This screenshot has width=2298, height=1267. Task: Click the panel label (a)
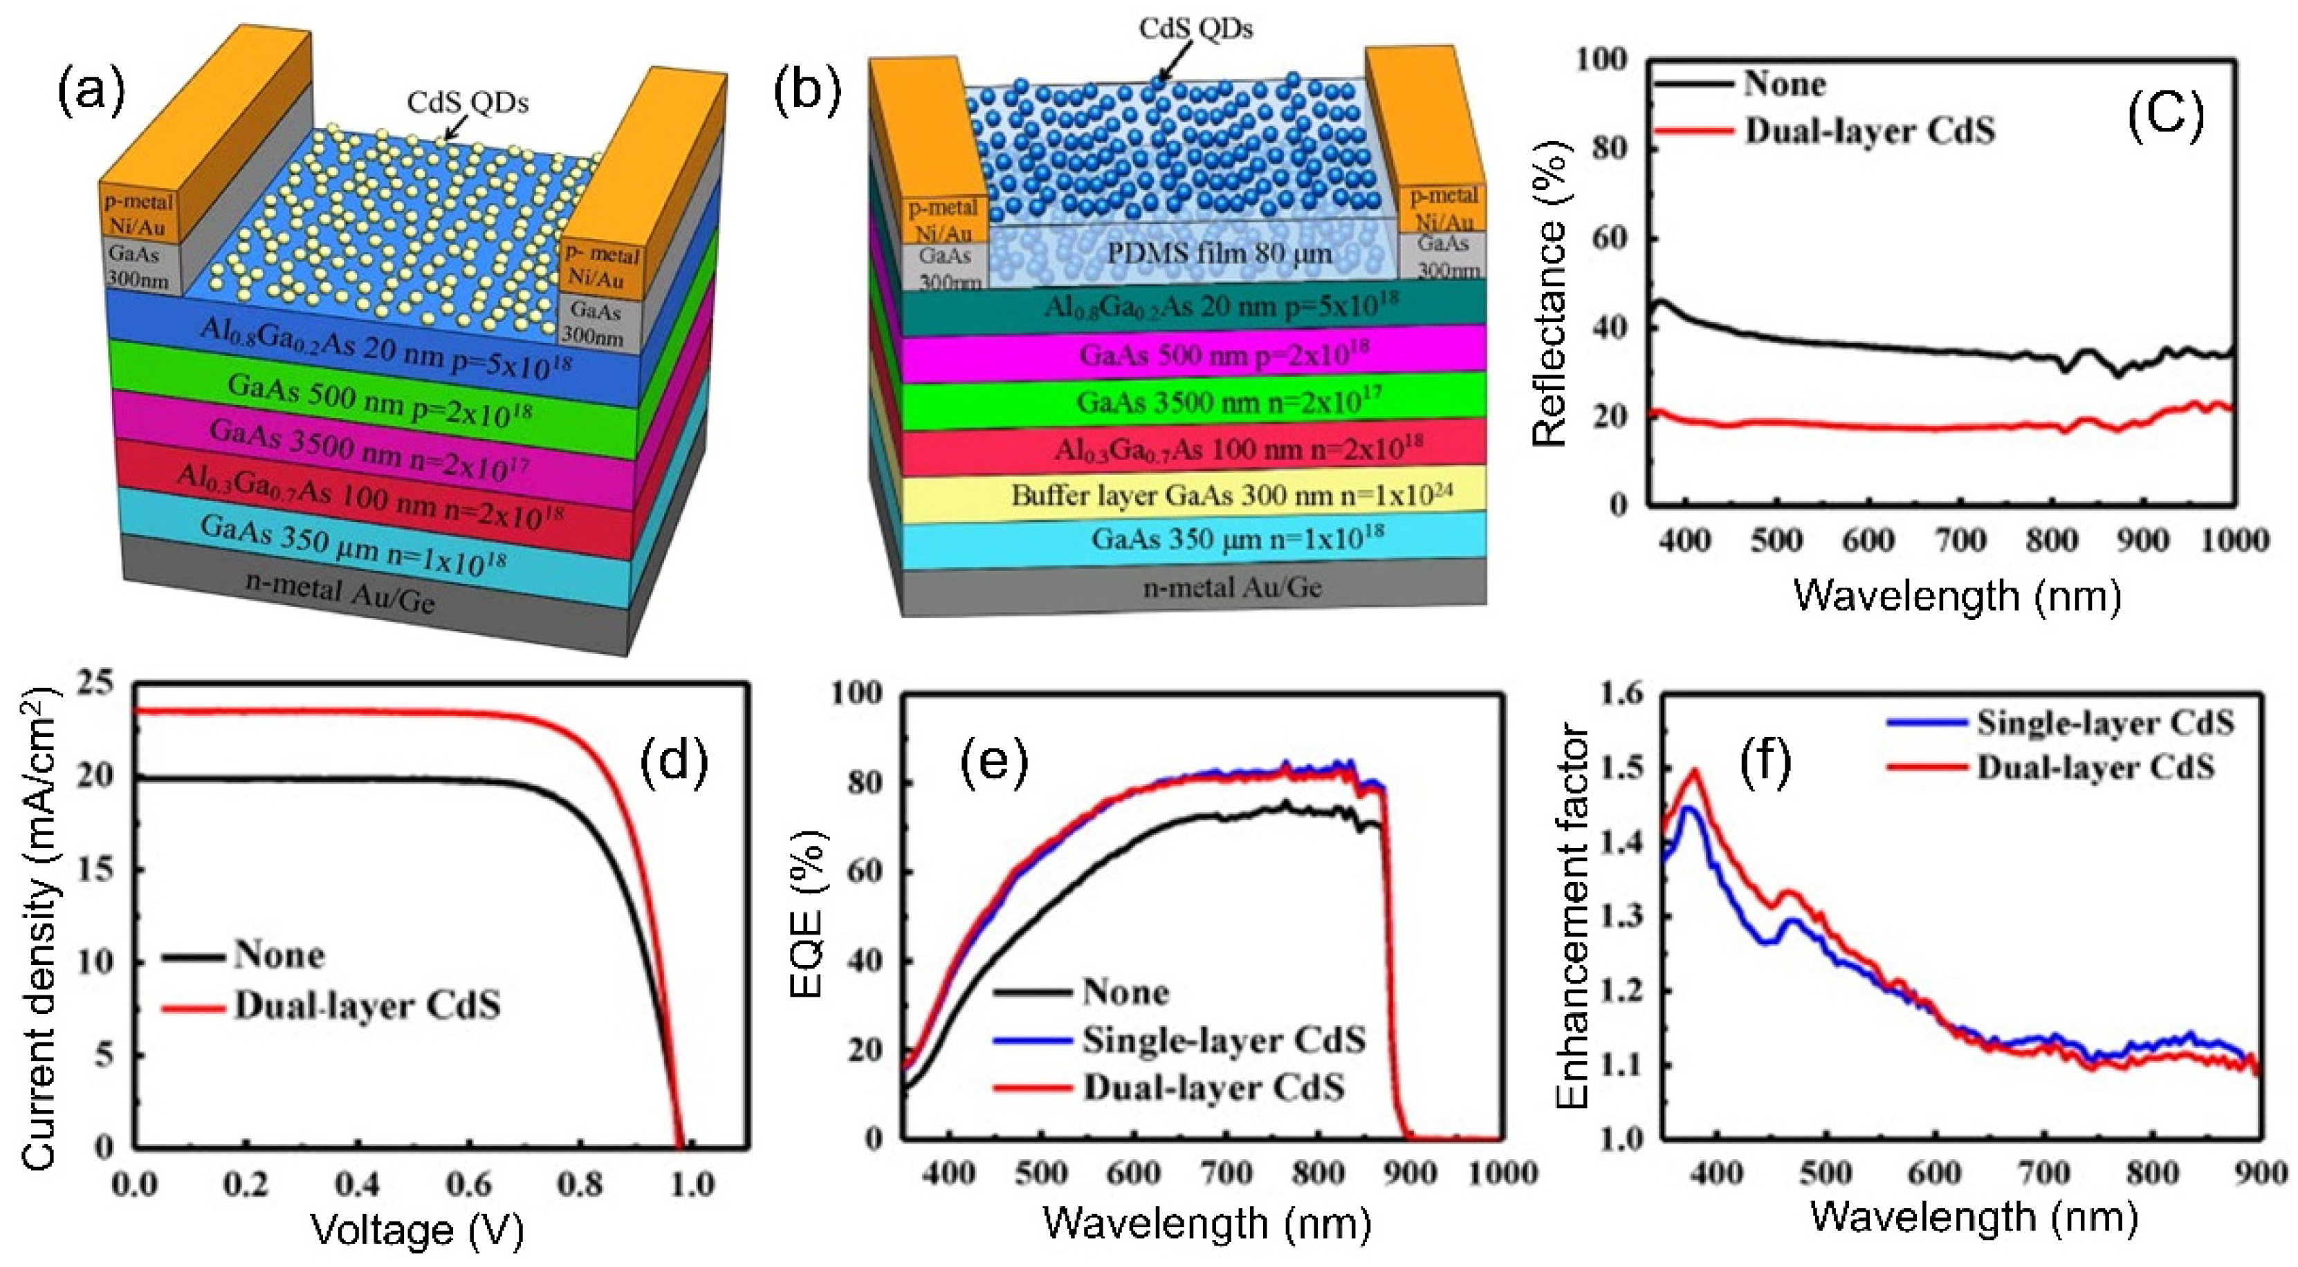click(x=91, y=95)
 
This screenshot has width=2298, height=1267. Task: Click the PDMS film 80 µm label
click(x=1219, y=254)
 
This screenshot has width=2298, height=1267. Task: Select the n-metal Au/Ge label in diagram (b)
click(x=1232, y=588)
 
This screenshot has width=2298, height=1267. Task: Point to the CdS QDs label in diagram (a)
click(x=468, y=102)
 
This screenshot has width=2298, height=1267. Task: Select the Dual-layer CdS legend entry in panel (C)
click(x=1869, y=132)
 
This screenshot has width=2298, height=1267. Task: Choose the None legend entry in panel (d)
click(x=278, y=956)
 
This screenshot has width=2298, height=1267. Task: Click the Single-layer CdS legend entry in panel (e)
click(x=1223, y=1040)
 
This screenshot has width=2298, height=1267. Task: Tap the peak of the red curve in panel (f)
click(x=1693, y=771)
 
